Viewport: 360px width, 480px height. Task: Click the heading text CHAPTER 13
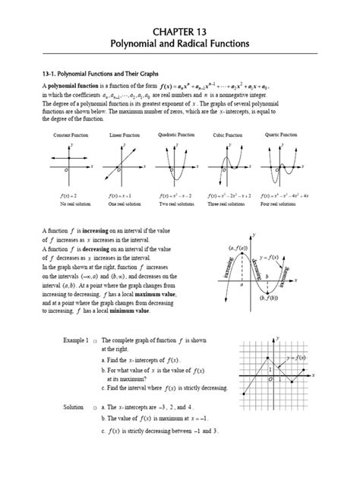[x=179, y=31]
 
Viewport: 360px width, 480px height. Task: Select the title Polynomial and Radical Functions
[x=179, y=45]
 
